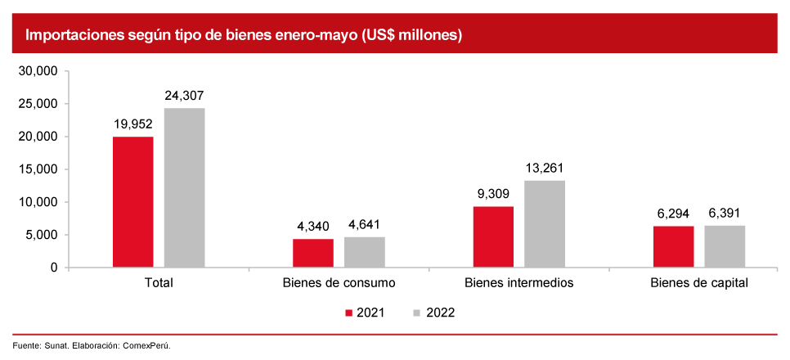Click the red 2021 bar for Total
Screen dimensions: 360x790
pyautogui.click(x=132, y=202)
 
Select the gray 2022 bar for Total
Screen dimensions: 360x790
pyautogui.click(x=184, y=188)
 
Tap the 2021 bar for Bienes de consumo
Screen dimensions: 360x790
pyautogui.click(x=312, y=253)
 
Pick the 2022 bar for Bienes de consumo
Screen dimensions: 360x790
pyautogui.click(x=364, y=252)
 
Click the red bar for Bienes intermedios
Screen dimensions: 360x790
pyautogui.click(x=493, y=237)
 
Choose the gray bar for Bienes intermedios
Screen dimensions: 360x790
pyautogui.click(x=545, y=224)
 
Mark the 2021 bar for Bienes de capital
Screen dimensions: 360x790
pyautogui.click(x=673, y=246)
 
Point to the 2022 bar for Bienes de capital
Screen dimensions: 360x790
pyautogui.click(x=725, y=246)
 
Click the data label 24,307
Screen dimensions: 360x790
pyautogui.click(x=184, y=95)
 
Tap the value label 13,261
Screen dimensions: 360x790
pyautogui.click(x=545, y=168)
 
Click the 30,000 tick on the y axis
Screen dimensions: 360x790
pyautogui.click(x=38, y=71)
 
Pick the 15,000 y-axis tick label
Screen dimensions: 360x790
pyautogui.click(x=38, y=169)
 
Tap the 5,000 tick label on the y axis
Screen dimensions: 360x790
pyautogui.click(x=42, y=235)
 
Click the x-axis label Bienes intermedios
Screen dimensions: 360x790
pyautogui.click(x=518, y=283)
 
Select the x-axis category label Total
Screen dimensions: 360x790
pyautogui.click(x=159, y=283)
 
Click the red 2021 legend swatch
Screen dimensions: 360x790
pyautogui.click(x=349, y=313)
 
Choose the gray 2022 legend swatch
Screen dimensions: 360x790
pyautogui.click(x=417, y=313)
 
